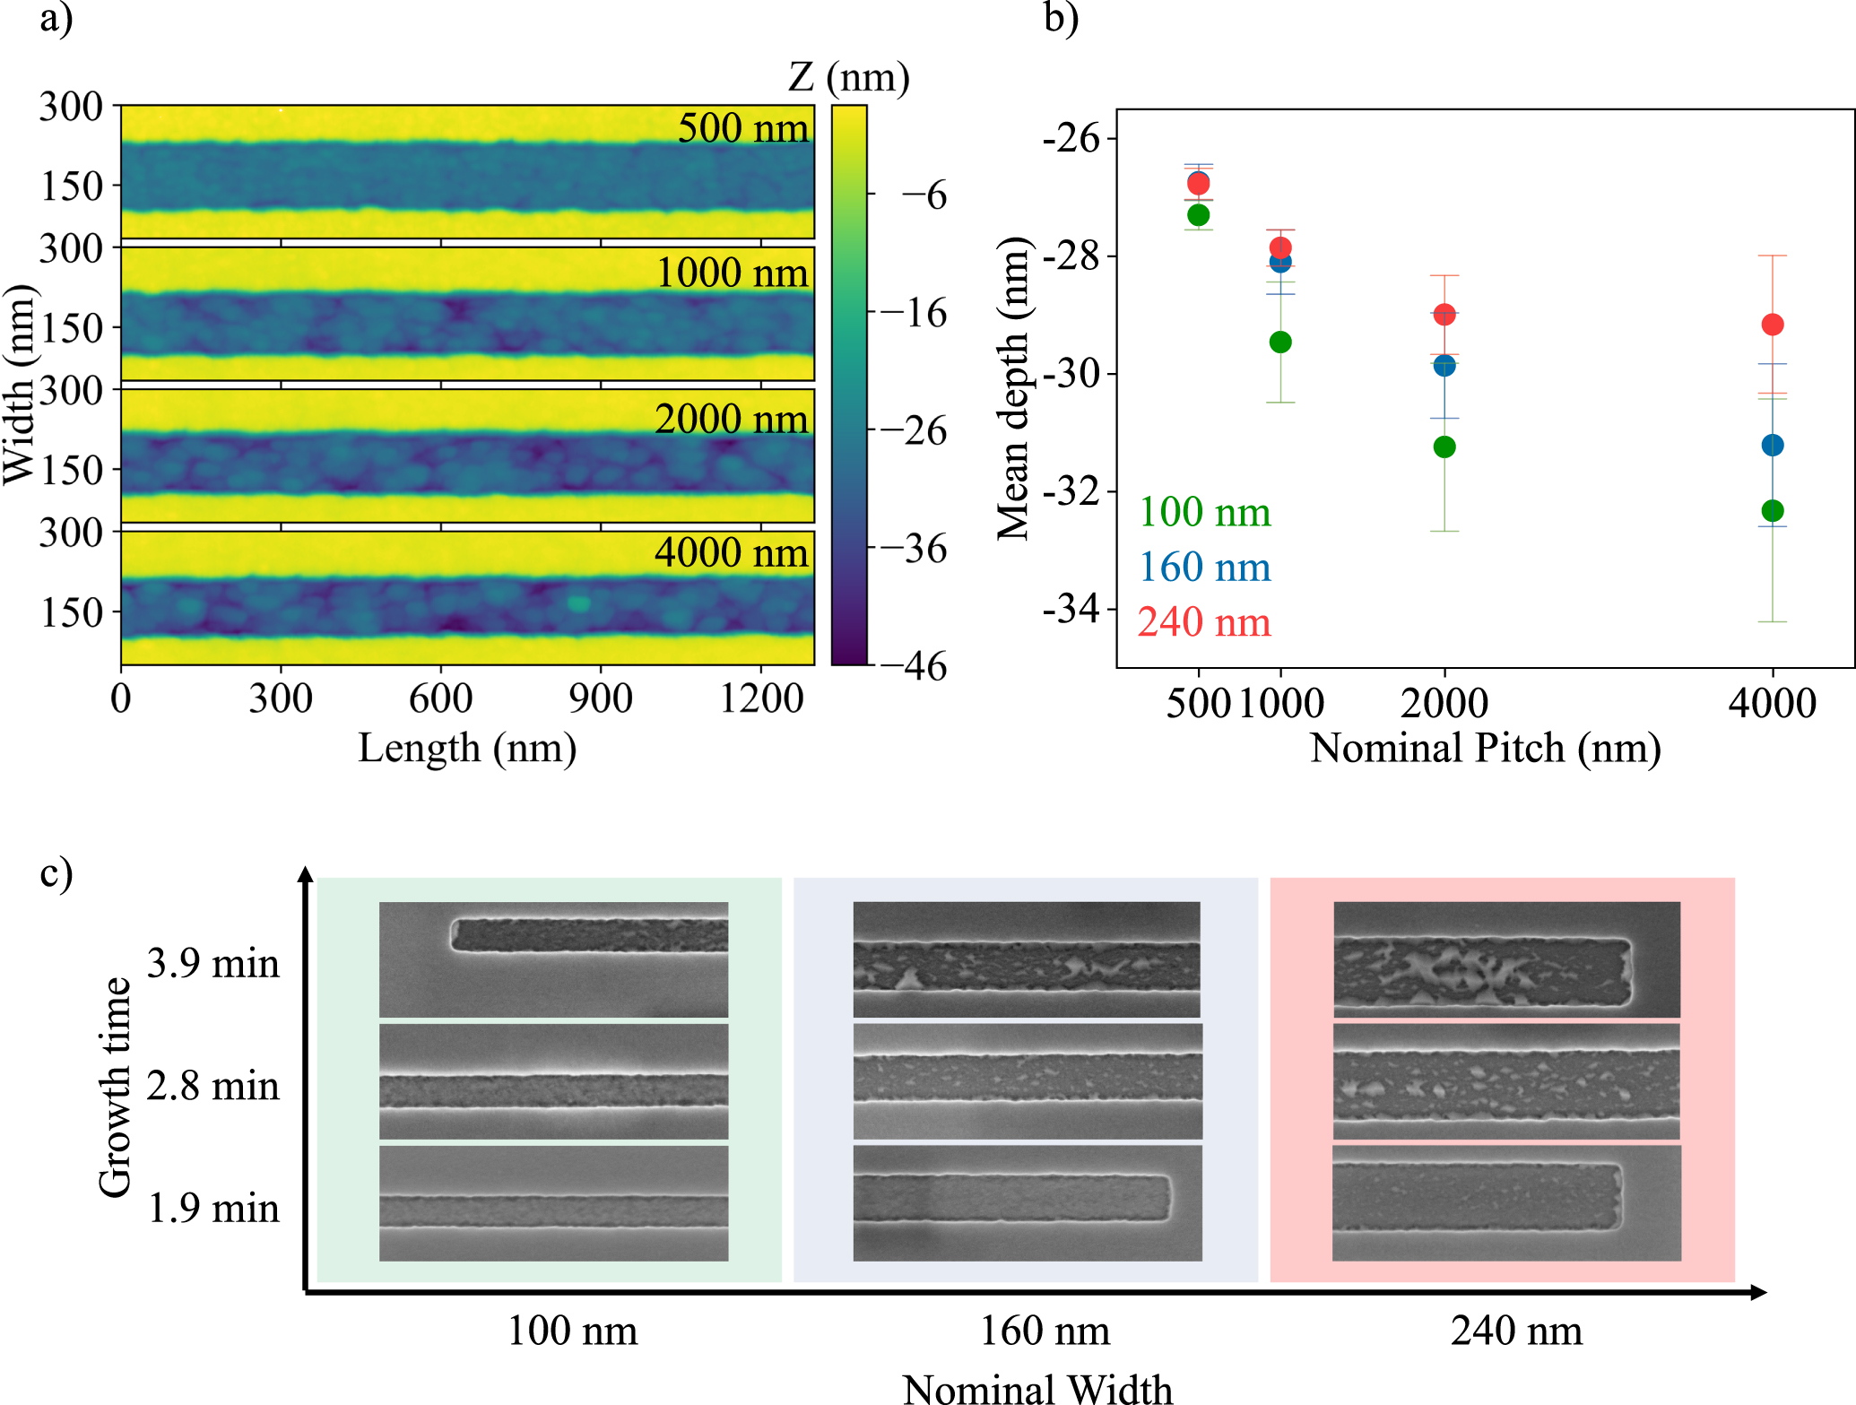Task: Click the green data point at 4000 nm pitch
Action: point(1772,511)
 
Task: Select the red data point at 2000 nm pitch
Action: point(1444,315)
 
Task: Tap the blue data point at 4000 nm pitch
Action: point(1772,445)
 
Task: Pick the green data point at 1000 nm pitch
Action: point(1280,343)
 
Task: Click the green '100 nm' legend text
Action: point(1204,512)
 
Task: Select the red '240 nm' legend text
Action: point(1204,622)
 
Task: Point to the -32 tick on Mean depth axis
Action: point(1071,491)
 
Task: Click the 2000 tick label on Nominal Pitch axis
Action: point(1444,703)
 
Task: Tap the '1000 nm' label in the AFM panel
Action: point(732,273)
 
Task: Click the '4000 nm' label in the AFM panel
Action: point(732,552)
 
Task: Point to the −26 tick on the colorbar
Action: point(913,431)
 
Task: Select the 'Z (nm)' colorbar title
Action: point(849,77)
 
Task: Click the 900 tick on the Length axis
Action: point(600,698)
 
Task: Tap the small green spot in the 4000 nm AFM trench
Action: point(578,603)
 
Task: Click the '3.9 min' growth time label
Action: point(213,963)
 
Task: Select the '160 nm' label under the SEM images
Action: point(1045,1331)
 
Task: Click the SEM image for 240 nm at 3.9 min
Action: point(1506,959)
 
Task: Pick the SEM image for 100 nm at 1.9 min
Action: point(553,1203)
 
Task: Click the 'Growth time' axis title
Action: point(115,1087)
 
